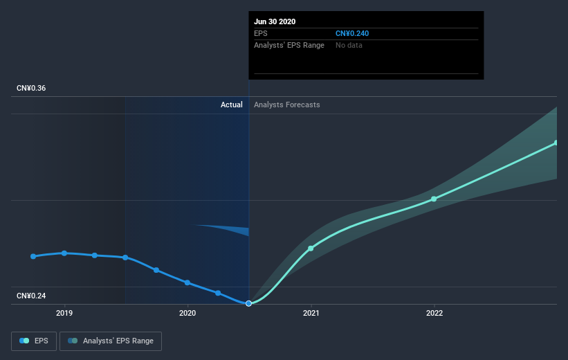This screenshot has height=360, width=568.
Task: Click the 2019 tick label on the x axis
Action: coord(64,313)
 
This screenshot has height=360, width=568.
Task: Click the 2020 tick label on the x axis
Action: coord(187,313)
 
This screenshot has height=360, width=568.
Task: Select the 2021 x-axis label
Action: coord(311,313)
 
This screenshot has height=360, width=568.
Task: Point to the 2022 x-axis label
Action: coord(434,313)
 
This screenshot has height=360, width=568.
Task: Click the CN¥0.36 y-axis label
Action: coord(33,89)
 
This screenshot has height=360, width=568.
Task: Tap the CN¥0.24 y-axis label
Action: coord(33,296)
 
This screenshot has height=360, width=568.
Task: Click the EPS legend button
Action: coord(34,341)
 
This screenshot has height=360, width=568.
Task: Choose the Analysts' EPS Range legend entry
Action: coord(111,341)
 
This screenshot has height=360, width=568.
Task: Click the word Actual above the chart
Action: coord(231,105)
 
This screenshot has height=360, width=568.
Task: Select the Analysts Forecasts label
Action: coord(287,105)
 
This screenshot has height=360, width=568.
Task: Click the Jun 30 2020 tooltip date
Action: coord(275,21)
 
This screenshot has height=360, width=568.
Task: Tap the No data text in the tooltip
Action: coord(349,45)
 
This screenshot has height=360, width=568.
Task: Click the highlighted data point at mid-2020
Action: coord(248,303)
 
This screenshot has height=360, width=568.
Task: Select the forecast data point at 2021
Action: coord(311,248)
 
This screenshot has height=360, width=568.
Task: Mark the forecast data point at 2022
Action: coord(434,199)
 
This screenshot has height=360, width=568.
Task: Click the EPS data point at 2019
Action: coord(64,253)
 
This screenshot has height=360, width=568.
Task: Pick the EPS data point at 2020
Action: coord(187,282)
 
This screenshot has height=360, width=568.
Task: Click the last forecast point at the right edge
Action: coord(556,143)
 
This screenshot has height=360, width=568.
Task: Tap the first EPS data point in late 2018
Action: coord(33,256)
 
